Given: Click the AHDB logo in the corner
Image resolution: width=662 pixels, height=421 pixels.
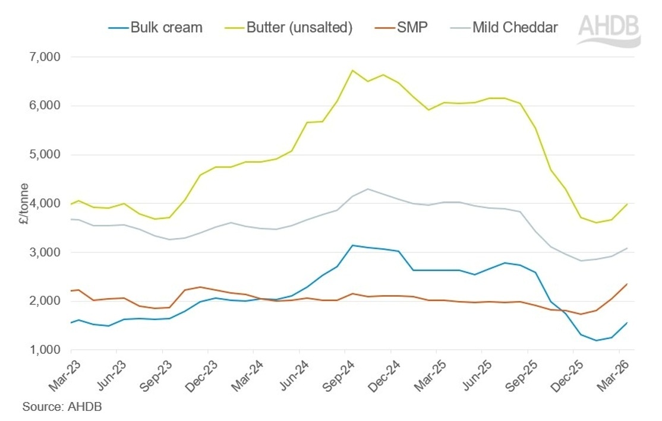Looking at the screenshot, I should (x=609, y=30).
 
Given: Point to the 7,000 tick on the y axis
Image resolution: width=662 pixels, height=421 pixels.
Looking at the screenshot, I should (x=45, y=57).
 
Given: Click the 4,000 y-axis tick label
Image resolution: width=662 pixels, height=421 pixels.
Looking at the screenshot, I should (x=45, y=204).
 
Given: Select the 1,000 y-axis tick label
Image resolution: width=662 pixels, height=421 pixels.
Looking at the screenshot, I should (x=45, y=350).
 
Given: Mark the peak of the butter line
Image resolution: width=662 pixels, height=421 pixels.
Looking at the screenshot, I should (x=352, y=70).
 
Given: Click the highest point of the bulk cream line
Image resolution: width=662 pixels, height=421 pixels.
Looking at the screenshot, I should (x=353, y=245).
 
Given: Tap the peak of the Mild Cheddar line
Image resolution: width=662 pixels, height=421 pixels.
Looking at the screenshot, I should (x=368, y=189).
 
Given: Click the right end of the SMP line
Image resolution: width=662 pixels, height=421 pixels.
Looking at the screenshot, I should (x=627, y=284).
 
